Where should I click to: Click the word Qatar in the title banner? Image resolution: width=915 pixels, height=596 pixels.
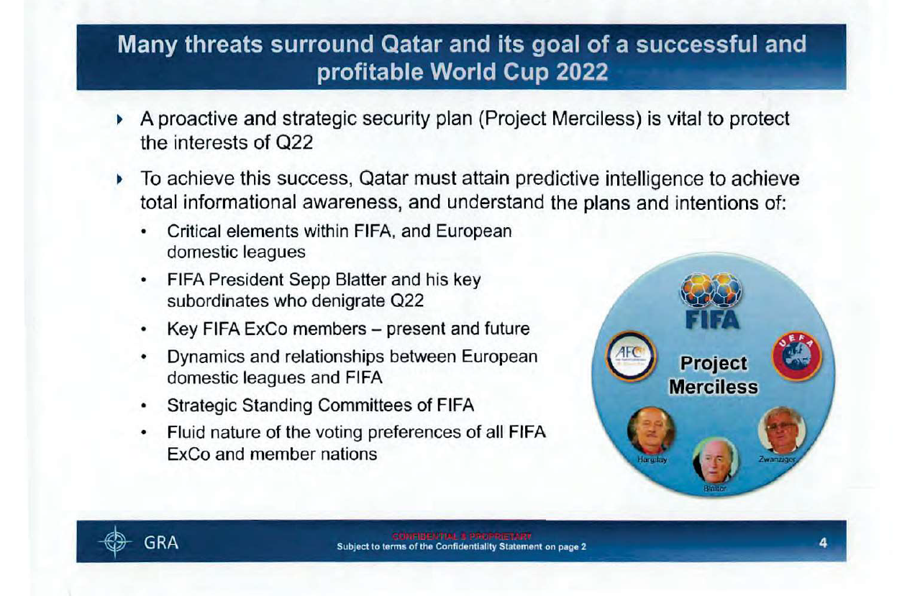[408, 45]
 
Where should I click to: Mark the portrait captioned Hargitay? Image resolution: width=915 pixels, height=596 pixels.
[652, 432]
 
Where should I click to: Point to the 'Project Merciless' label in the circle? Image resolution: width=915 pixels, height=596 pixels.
[713, 375]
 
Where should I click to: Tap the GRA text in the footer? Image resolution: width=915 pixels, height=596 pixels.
[161, 543]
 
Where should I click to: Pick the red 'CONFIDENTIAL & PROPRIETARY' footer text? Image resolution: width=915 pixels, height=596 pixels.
[461, 536]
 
